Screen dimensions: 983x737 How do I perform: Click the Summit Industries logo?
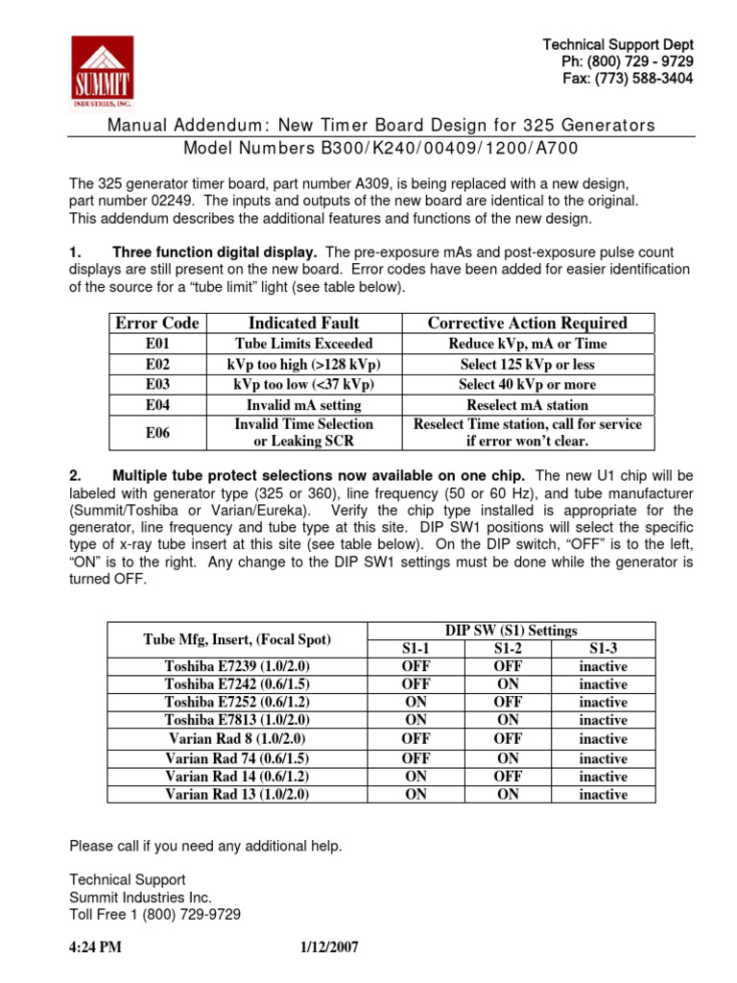pos(103,71)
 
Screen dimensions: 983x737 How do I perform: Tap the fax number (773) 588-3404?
pos(628,79)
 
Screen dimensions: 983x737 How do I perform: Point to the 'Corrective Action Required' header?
pos(527,324)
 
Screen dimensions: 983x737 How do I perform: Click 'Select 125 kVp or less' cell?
pos(527,364)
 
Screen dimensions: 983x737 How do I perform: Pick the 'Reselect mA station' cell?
pos(527,405)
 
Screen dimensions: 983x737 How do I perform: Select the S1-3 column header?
pos(603,648)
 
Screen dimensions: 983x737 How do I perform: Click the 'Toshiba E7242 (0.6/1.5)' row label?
pos(236,684)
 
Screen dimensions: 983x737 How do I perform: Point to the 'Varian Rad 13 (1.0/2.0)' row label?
pos(236,795)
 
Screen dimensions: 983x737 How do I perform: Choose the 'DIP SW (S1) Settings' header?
pos(511,631)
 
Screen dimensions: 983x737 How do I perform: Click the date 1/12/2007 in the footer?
pos(329,947)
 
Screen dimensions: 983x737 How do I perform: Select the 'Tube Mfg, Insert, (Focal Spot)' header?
pos(236,639)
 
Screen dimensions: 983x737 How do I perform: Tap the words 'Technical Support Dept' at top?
pos(618,45)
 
